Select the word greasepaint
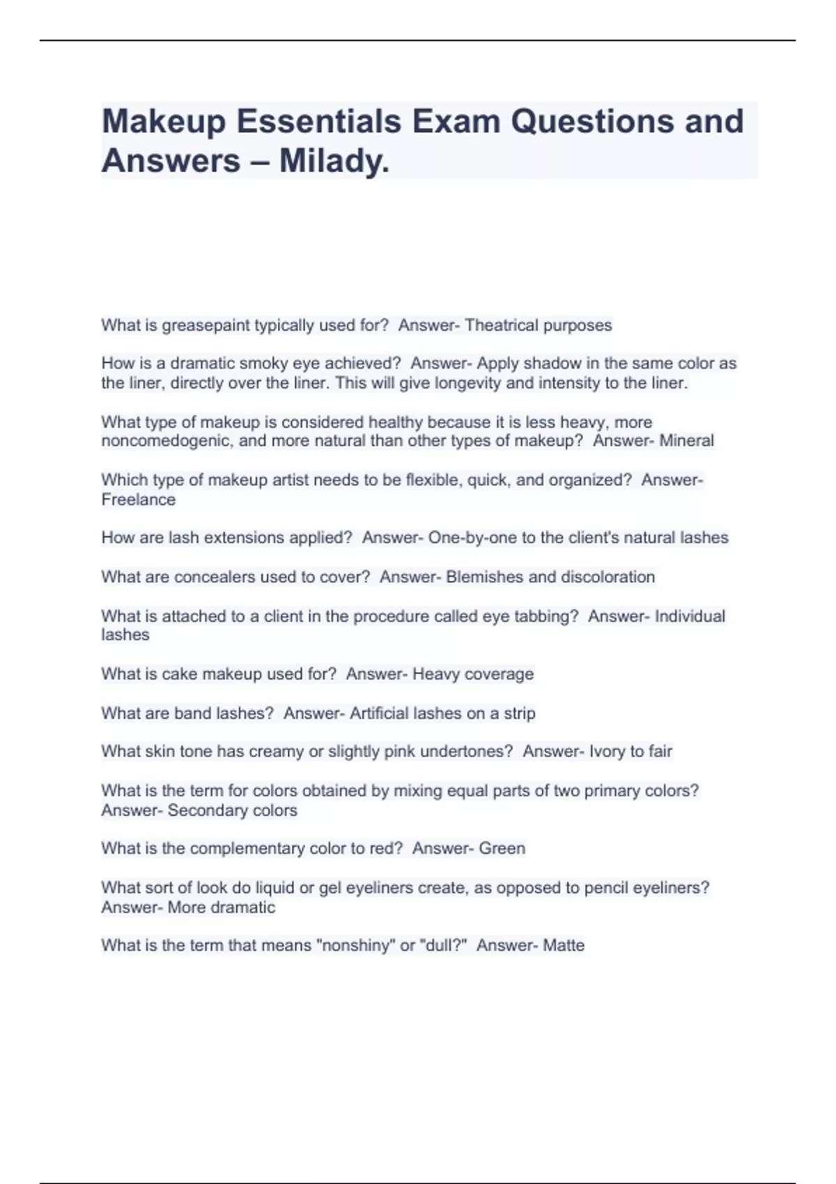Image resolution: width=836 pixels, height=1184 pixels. click(x=205, y=325)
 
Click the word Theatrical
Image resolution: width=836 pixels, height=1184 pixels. click(x=501, y=325)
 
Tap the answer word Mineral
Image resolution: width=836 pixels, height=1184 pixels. click(x=686, y=441)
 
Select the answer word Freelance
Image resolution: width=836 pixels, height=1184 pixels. click(x=139, y=499)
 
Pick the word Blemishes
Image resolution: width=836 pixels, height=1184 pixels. click(x=484, y=577)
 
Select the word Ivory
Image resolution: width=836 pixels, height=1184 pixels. click(x=607, y=751)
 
